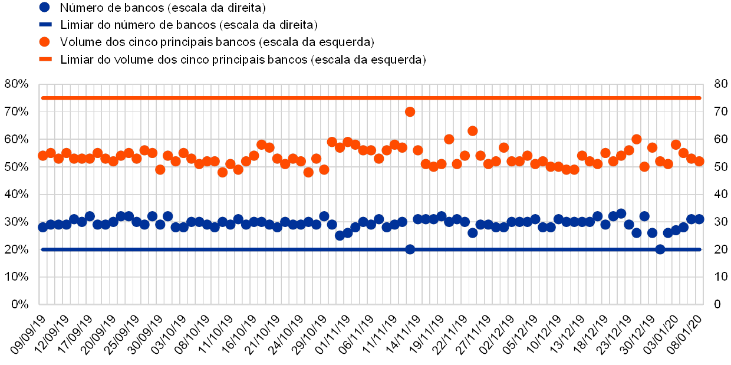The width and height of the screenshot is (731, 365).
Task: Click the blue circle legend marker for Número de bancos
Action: (45, 8)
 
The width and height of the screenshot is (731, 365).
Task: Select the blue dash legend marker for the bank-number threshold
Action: (45, 25)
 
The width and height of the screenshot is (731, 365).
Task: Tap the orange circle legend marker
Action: (45, 42)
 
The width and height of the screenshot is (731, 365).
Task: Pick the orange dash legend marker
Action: (45, 59)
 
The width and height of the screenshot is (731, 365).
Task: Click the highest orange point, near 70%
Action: (410, 111)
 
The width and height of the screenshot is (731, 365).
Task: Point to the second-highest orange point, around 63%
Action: (472, 131)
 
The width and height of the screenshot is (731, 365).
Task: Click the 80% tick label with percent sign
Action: (16, 84)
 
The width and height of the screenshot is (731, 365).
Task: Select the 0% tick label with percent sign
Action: (19, 304)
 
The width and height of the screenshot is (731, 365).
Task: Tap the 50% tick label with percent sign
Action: (16, 167)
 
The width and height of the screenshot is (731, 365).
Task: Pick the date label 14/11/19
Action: (403, 333)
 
